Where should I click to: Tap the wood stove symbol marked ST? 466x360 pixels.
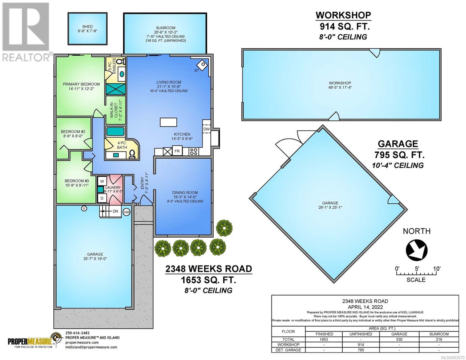click(202, 64)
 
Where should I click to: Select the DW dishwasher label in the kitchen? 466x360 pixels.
click(206, 129)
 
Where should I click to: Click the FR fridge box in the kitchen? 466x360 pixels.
click(177, 151)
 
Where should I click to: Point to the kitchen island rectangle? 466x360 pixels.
click(168, 122)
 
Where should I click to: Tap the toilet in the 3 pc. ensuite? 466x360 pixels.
click(122, 61)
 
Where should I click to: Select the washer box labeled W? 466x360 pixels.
click(102, 181)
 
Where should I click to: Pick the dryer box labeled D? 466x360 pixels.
click(102, 198)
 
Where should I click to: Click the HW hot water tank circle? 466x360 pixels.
click(127, 212)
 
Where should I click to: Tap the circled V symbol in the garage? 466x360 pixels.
click(84, 208)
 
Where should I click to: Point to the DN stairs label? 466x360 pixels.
click(115, 211)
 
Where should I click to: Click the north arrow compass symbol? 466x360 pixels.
click(417, 250)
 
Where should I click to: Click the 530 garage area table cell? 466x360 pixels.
click(399, 339)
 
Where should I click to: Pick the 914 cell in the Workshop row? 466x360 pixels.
click(361, 345)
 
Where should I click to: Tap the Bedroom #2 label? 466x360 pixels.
click(73, 134)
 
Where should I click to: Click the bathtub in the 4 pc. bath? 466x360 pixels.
click(115, 131)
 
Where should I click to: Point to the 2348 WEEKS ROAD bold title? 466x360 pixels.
click(209, 269)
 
